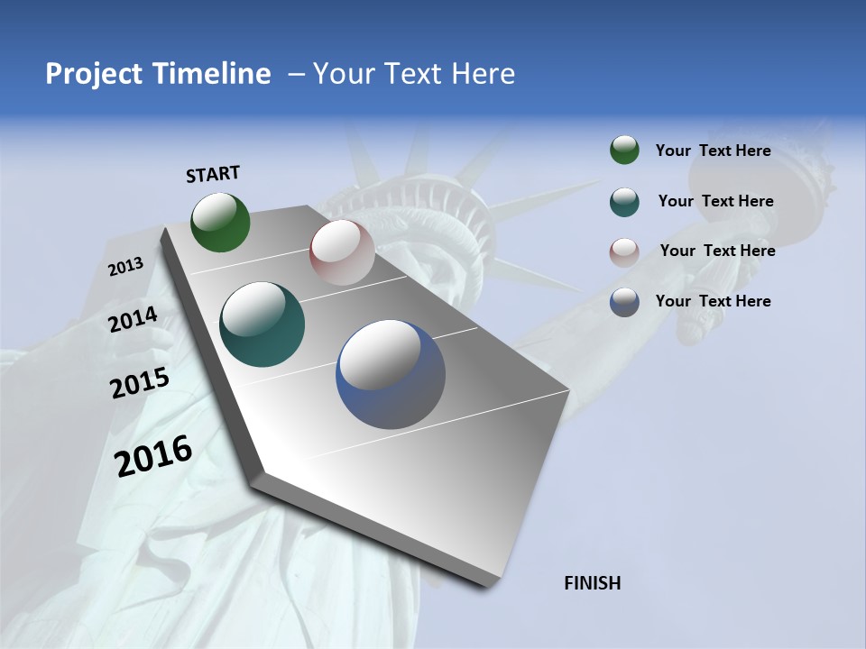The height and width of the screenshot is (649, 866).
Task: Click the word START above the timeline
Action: coord(213,174)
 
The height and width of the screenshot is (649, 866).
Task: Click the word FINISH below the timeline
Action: coord(593,583)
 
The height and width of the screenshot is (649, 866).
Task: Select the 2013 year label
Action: coord(126,267)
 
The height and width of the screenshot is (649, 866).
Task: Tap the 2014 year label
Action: coord(134,320)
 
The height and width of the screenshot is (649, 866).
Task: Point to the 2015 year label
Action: coord(140,383)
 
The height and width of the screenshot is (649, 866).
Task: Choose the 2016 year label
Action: coord(154,455)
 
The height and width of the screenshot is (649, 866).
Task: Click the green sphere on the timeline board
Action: coord(221,223)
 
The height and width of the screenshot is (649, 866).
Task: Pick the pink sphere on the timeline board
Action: coord(342,252)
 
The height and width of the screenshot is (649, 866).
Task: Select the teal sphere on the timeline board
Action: coord(263,324)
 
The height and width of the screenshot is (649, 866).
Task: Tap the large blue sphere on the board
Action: coord(391,375)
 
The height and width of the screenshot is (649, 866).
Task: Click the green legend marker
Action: coord(624,151)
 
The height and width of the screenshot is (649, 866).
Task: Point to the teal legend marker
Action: coord(624,202)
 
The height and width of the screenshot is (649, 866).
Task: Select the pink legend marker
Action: coord(624,252)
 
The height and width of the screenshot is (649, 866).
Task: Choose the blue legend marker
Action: coord(624,302)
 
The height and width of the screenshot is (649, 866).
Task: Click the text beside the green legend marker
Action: coord(714,151)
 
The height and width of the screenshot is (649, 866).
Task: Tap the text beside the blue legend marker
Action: coord(714,301)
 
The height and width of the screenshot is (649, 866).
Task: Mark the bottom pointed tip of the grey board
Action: coord(488,585)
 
